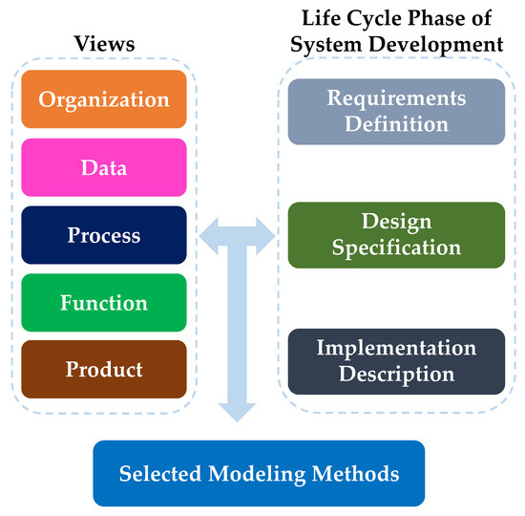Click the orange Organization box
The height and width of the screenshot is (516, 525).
(104, 99)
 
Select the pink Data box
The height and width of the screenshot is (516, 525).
(104, 167)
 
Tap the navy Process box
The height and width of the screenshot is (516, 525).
(104, 235)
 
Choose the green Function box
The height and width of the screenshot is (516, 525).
(104, 303)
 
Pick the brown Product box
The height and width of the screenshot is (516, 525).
(104, 370)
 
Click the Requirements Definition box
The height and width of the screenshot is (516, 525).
(396, 111)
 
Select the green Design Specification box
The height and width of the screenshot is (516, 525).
(396, 234)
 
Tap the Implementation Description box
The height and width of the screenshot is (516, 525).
(396, 360)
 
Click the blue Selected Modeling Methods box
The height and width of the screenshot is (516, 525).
(259, 473)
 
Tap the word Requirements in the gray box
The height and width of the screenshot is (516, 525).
(396, 98)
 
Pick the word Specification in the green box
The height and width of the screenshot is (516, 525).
(396, 247)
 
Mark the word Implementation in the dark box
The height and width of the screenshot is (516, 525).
(396, 347)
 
